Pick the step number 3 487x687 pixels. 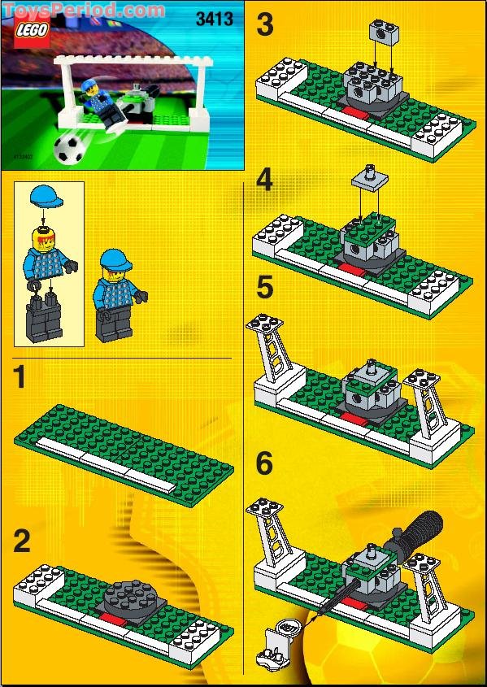click(265, 26)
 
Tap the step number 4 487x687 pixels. click(265, 180)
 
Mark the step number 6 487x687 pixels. click(265, 464)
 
